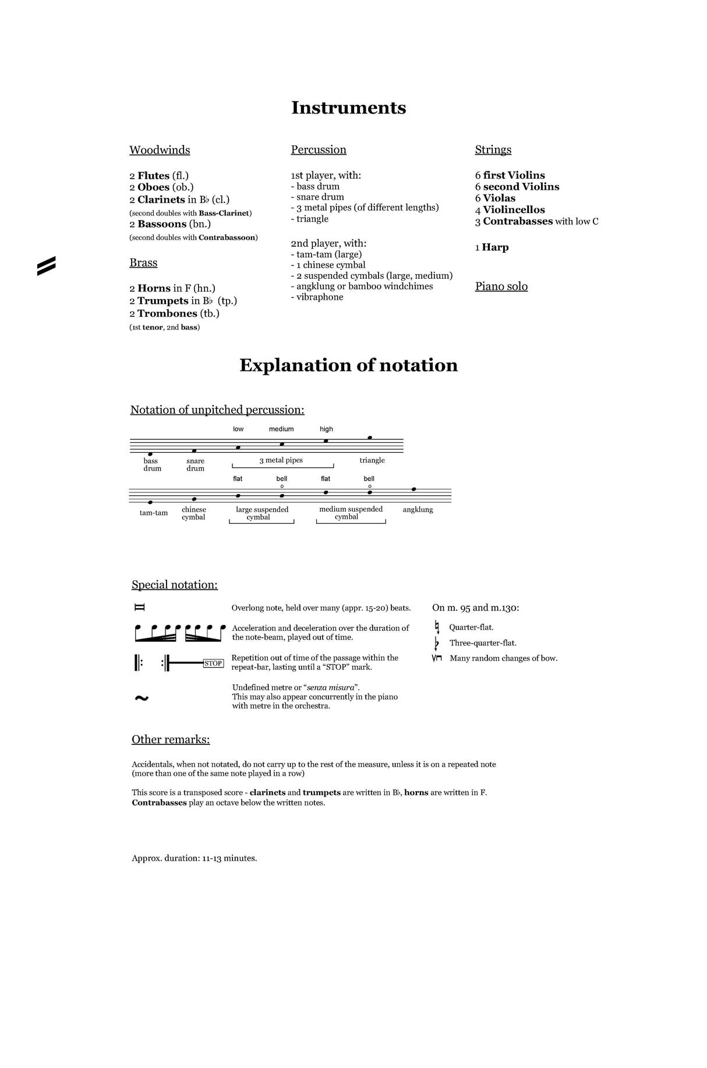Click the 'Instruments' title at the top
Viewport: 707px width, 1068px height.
point(348,108)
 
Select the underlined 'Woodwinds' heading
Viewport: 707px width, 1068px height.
point(160,150)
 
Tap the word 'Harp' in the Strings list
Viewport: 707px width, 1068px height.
point(495,247)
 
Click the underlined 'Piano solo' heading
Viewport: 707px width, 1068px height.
point(501,286)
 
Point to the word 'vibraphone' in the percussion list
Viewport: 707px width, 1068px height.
point(320,297)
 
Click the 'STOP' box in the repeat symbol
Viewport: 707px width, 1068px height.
point(213,663)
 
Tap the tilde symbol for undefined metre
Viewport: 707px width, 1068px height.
point(142,698)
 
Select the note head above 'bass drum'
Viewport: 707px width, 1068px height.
point(150,454)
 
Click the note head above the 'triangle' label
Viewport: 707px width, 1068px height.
point(370,438)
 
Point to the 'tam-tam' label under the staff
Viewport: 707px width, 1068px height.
point(154,513)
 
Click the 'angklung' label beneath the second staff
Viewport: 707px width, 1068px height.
point(418,510)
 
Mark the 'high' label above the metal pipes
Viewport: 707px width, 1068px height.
point(326,429)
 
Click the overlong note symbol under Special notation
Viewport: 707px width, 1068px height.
point(139,608)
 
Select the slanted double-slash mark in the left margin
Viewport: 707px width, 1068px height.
point(47,265)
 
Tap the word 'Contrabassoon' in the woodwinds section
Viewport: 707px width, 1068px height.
point(227,237)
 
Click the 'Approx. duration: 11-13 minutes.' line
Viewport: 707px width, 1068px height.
point(194,858)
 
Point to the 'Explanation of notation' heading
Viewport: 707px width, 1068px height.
point(348,366)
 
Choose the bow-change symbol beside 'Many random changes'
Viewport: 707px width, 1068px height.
point(437,658)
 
